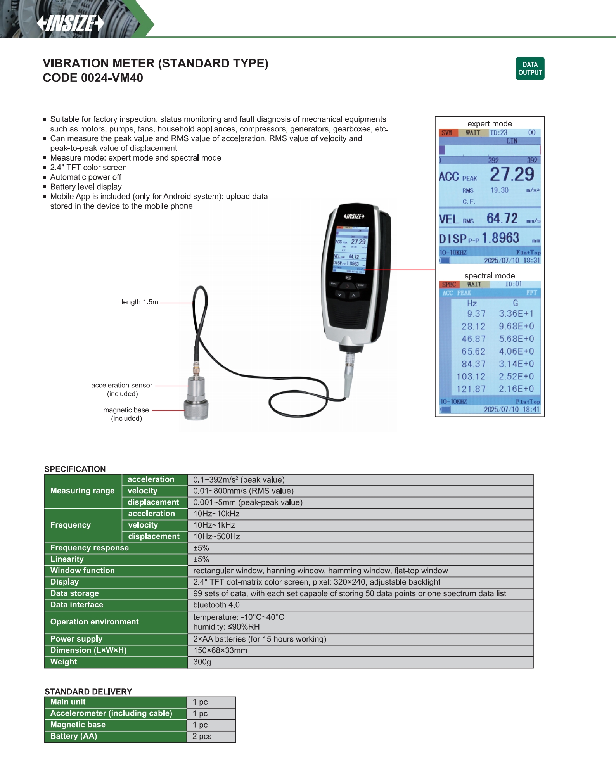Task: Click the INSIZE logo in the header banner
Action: [x=71, y=23]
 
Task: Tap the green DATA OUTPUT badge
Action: [x=530, y=69]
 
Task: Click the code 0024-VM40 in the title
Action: [x=93, y=78]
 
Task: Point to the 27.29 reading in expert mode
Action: [x=512, y=175]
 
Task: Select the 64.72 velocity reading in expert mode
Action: [x=502, y=219]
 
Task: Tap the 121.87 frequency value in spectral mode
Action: [x=471, y=389]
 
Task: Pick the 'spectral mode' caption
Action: [x=490, y=276]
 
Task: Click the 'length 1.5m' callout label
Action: [x=140, y=302]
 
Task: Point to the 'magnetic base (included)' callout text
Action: [x=126, y=414]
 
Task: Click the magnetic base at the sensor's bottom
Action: [x=196, y=410]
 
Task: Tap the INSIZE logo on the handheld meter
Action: [x=354, y=216]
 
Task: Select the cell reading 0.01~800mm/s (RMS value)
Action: [x=243, y=491]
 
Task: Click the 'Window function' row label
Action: [x=82, y=571]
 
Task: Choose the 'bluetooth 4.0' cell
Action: [x=216, y=605]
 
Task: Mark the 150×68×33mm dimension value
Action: [x=220, y=650]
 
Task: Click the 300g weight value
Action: [x=202, y=662]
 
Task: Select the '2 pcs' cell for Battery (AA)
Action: [x=202, y=737]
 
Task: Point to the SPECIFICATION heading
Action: [x=75, y=469]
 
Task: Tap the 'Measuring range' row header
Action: [x=82, y=491]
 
